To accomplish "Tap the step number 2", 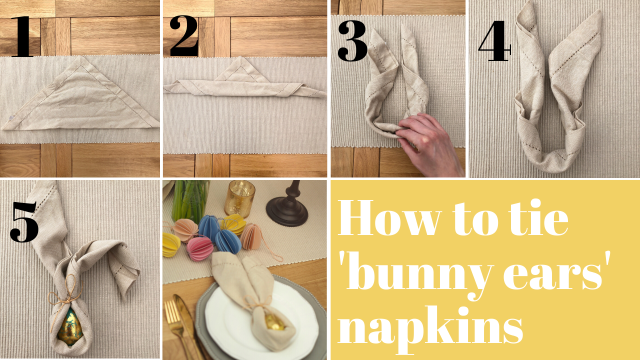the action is (x=184, y=35).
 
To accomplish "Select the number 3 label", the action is (x=352, y=40).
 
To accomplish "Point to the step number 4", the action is (x=494, y=40).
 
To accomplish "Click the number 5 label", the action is (x=24, y=221).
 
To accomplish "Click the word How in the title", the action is (x=390, y=217).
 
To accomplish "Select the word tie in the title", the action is (x=536, y=217).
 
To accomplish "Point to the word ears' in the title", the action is (x=557, y=270).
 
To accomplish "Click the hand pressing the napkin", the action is (x=428, y=143).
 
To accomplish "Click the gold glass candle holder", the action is (x=239, y=198).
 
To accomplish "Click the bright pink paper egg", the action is (x=199, y=248).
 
